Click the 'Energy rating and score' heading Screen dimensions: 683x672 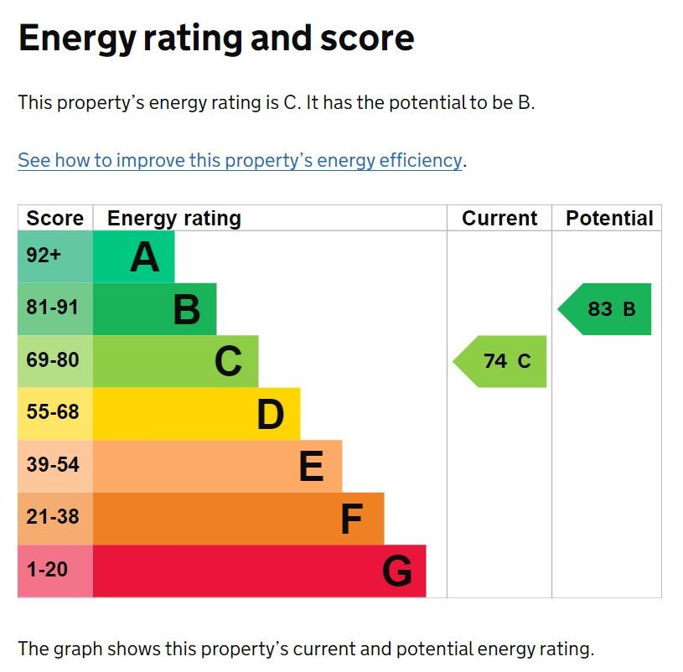[x=216, y=39]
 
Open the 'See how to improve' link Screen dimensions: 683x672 [x=240, y=160]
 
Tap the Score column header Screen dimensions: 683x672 [x=54, y=218]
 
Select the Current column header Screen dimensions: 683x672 [x=499, y=218]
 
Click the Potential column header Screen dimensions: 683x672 [x=609, y=218]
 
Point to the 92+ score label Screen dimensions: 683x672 [x=44, y=256]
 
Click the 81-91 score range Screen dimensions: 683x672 [x=52, y=307]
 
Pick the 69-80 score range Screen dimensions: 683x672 [x=53, y=359]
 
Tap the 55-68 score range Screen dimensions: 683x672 [x=53, y=412]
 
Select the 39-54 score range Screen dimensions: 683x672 [x=53, y=465]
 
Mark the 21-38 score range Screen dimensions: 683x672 [x=53, y=517]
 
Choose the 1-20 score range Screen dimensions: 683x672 [x=47, y=570]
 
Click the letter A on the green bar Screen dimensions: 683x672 [x=145, y=257]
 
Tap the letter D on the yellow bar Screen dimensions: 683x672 [x=271, y=414]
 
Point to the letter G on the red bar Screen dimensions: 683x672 [x=397, y=571]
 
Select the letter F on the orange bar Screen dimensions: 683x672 [x=351, y=519]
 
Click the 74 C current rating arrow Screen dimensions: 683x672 [x=499, y=361]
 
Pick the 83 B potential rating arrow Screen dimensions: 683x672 [x=604, y=309]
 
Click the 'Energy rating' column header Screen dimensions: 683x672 [x=173, y=219]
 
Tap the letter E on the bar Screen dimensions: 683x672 [x=312, y=467]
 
